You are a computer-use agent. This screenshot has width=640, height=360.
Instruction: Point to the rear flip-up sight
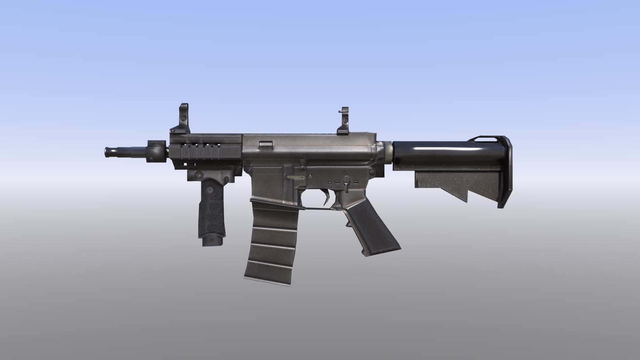point(344,121)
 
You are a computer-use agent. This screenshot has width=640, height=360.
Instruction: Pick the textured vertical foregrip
point(212,207)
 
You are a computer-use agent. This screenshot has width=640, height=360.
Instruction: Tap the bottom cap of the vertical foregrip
point(212,241)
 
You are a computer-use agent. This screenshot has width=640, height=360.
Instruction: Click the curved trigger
point(325,197)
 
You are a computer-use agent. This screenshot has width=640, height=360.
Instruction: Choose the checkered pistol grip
point(371,229)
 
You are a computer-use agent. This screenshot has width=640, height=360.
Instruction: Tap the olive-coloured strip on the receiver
point(295,177)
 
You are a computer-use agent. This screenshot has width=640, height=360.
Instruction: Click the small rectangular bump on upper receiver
point(266,144)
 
